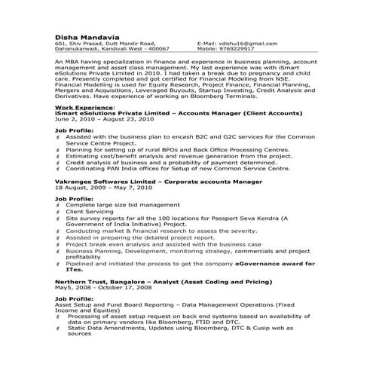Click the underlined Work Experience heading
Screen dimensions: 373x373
(x=79, y=108)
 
